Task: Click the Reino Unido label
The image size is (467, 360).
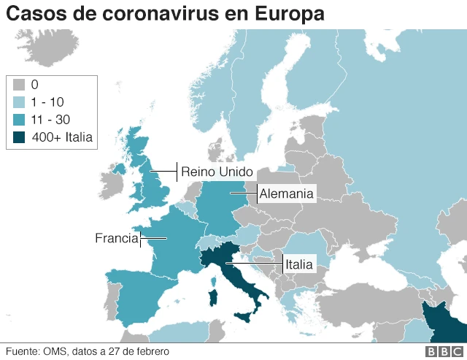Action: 216,172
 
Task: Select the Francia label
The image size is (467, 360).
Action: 116,238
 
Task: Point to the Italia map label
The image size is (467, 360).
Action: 298,264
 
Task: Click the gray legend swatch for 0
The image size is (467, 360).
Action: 20,85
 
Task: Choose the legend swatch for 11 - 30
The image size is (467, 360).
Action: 20,119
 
